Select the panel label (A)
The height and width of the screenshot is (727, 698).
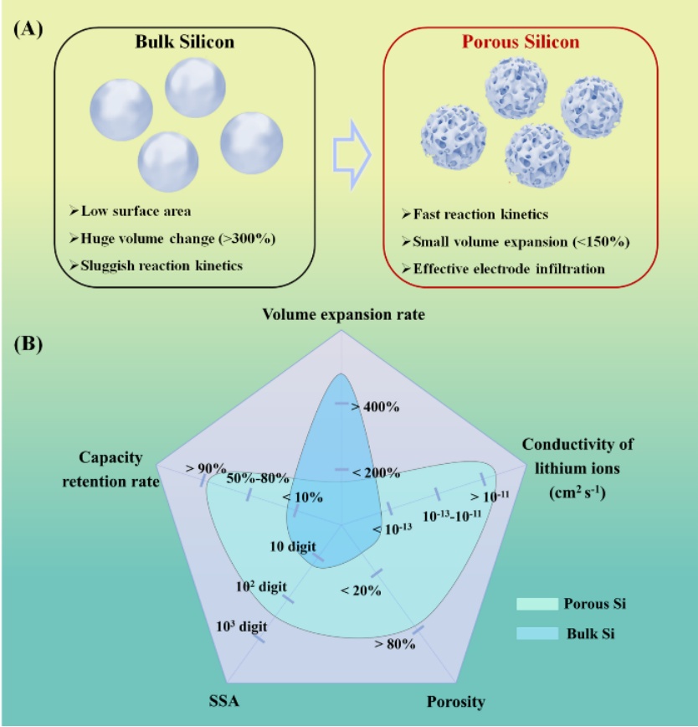pyautogui.click(x=28, y=26)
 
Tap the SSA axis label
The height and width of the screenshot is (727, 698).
pyautogui.click(x=213, y=700)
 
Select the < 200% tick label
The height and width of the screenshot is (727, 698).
pyautogui.click(x=377, y=473)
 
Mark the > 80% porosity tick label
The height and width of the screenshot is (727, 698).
pyautogui.click(x=397, y=645)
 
